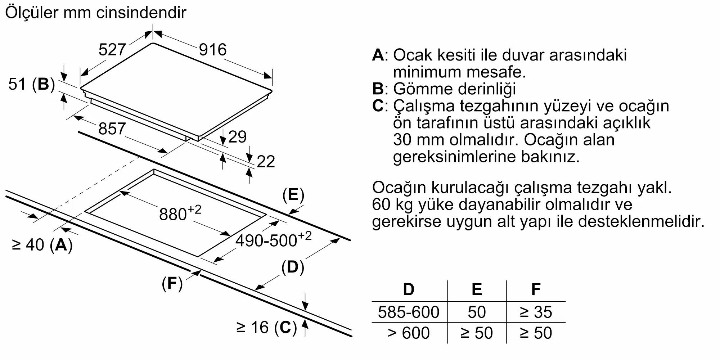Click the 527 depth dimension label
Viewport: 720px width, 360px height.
click(112, 50)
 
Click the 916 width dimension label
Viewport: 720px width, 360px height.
click(213, 50)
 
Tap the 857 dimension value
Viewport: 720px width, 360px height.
click(112, 129)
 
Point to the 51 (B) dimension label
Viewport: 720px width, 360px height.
click(31, 84)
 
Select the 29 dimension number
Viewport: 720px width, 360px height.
click(237, 137)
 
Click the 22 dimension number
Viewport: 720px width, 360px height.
click(266, 162)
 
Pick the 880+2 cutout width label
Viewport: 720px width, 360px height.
click(180, 213)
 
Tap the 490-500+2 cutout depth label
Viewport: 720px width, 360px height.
click(273, 239)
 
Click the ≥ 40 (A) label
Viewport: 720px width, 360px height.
click(42, 245)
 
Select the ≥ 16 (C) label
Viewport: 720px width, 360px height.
click(266, 328)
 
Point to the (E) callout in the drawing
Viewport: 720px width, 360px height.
click(293, 195)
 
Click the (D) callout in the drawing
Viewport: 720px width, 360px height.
click(293, 267)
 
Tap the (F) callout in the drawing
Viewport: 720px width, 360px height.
click(172, 284)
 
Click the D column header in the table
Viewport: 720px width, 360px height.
click(409, 289)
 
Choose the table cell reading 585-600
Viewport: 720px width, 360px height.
click(409, 312)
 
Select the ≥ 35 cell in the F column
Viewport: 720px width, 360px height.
click(536, 312)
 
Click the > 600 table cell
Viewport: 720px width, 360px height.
click(409, 333)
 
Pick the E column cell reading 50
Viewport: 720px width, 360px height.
click(477, 312)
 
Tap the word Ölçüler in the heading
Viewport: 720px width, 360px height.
click(32, 13)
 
